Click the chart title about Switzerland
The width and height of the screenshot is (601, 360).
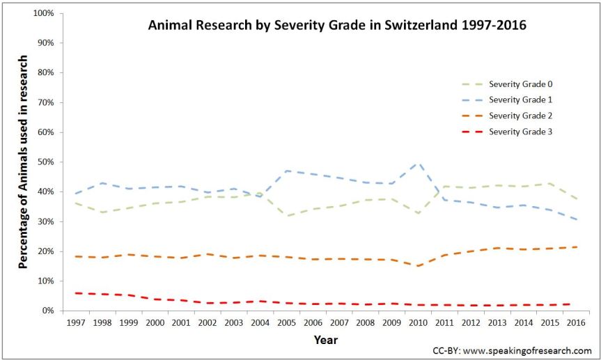tap(337, 26)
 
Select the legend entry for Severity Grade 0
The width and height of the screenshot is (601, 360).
tap(520, 84)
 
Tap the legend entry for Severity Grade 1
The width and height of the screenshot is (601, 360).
tap(520, 100)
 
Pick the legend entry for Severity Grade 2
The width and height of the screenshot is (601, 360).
tap(520, 115)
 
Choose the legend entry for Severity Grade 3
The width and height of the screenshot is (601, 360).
tap(520, 131)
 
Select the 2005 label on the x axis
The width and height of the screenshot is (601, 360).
tap(287, 323)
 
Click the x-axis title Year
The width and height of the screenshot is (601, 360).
tap(326, 340)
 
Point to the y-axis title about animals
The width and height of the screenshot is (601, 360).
tap(23, 162)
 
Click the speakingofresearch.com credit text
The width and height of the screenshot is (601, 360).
tap(512, 350)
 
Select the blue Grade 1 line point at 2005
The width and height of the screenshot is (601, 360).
tap(287, 171)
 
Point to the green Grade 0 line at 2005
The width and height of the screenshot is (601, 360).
tap(287, 216)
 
